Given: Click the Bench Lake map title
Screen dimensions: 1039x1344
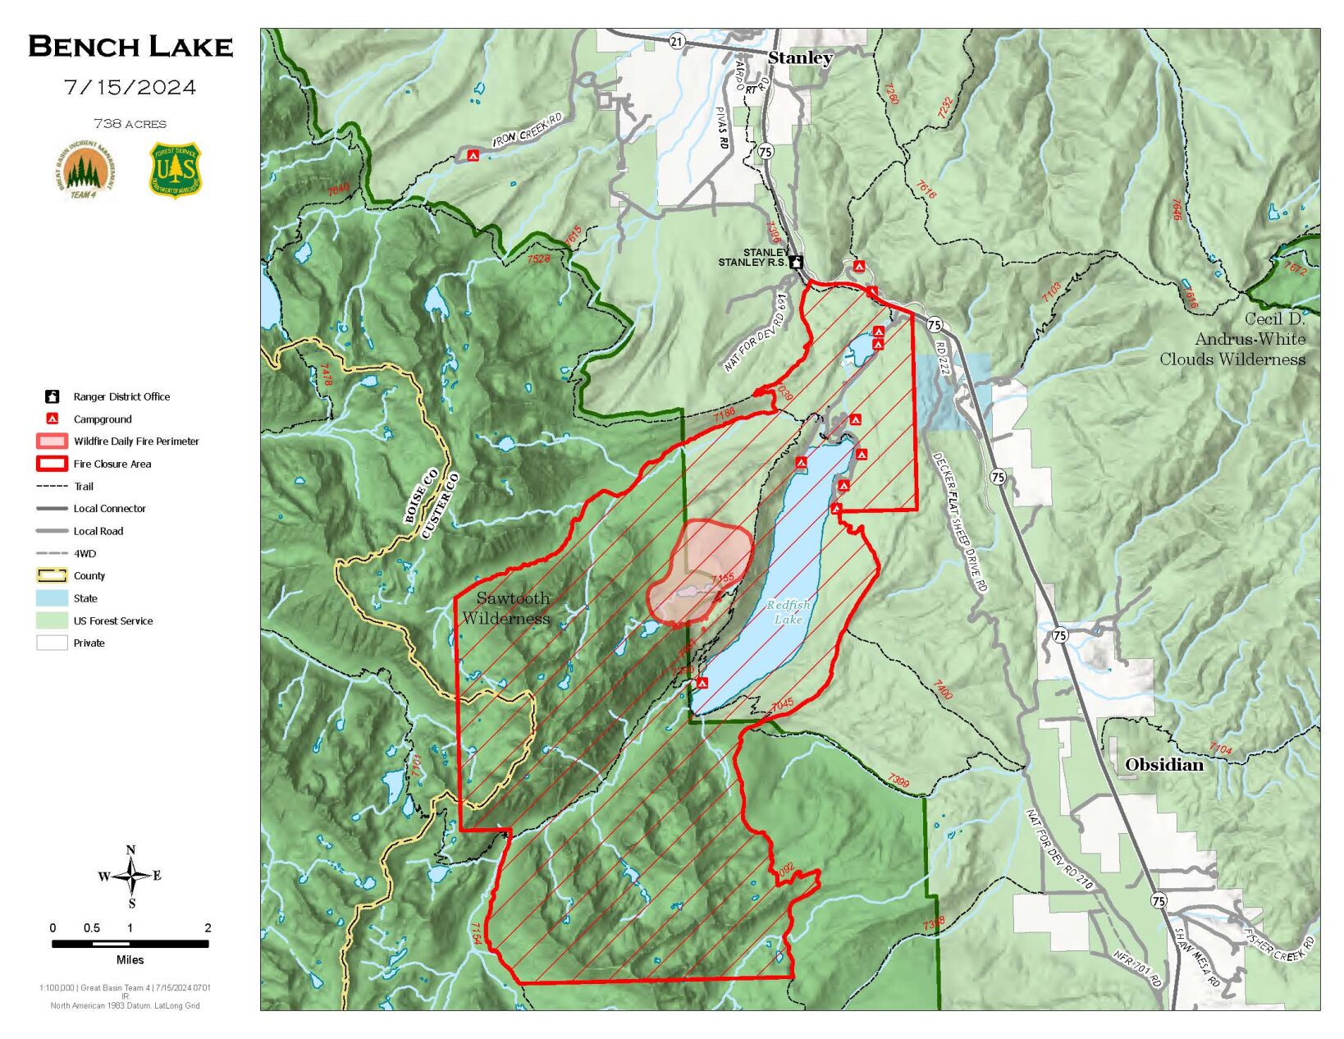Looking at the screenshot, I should [130, 47].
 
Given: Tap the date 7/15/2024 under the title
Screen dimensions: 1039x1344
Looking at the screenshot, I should [130, 88].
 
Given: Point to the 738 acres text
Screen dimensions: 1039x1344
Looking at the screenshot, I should [130, 124].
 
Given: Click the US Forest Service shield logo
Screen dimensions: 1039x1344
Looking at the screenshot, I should [175, 170].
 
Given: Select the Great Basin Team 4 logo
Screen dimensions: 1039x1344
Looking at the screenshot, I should [85, 171].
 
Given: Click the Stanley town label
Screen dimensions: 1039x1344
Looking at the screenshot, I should [799, 57].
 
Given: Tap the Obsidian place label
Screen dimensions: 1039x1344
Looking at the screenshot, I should [1163, 765].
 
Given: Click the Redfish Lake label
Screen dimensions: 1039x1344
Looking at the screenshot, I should [788, 611].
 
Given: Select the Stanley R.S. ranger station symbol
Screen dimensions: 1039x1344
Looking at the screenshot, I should [795, 263].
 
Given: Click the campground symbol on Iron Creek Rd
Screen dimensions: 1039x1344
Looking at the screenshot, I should [473, 155].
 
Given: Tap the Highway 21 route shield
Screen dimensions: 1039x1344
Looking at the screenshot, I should [676, 41].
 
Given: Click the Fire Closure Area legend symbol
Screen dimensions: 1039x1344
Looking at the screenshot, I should [52, 464].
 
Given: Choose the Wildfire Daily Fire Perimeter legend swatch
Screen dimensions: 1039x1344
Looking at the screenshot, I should [52, 442].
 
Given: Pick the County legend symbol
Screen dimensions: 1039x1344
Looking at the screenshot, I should [52, 575].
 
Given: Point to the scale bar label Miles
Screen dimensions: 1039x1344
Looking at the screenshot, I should [130, 959].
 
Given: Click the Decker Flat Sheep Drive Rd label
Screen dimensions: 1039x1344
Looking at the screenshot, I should [960, 522].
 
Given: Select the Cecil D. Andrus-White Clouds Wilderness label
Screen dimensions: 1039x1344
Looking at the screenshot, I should [1232, 339].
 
